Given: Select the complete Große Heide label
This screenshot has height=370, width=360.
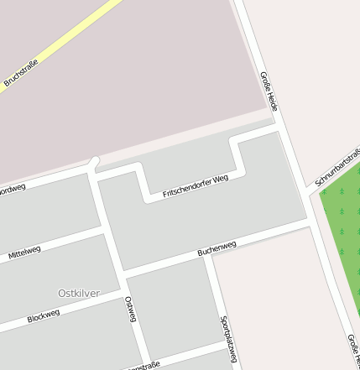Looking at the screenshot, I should coord(269,91).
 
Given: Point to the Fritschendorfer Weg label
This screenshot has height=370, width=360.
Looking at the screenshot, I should coord(196,185).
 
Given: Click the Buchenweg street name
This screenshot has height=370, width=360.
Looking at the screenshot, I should coord(217,248).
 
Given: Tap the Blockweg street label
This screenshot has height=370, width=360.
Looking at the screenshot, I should coord(44,315).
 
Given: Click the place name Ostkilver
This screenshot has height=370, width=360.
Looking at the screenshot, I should coord(79,293).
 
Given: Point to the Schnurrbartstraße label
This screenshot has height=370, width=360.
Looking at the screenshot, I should coord(337,166).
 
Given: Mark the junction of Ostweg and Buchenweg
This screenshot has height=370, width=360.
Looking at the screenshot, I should coord(123,274).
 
